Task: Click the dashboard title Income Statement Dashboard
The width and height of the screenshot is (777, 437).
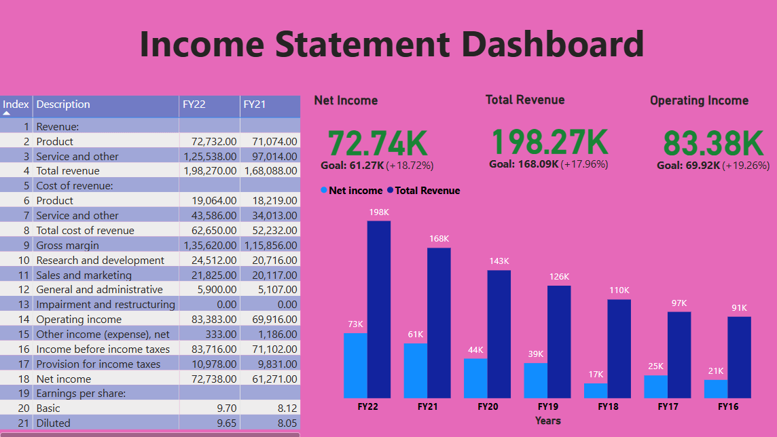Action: tap(392, 44)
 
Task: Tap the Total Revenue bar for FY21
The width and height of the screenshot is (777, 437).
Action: tap(439, 322)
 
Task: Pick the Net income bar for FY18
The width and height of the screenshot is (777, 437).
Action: tap(596, 391)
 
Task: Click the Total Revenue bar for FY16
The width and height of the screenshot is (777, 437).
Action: tap(739, 357)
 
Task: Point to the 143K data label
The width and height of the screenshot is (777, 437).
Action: tap(499, 261)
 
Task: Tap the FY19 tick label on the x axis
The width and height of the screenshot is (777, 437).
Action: tap(547, 406)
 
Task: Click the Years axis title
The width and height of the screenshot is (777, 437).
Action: tap(547, 421)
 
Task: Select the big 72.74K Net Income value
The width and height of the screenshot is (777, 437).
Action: tap(378, 143)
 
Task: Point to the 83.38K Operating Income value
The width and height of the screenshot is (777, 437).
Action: tap(713, 143)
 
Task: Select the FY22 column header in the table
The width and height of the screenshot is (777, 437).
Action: tap(194, 104)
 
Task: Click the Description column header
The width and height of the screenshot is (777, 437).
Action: tap(63, 104)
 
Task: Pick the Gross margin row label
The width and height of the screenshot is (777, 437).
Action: tap(67, 245)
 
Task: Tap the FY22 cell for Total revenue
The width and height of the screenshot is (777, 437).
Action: tap(210, 171)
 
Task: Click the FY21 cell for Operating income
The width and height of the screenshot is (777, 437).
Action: tap(270, 319)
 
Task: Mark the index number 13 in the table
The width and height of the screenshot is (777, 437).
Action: tap(24, 305)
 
